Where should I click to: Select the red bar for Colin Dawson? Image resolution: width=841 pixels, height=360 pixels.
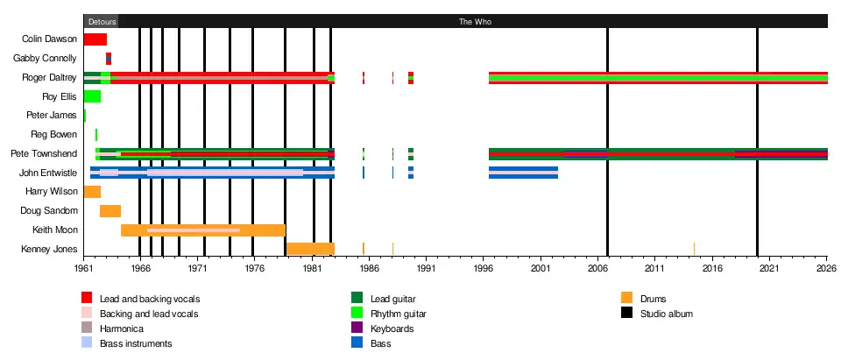pos(95,39)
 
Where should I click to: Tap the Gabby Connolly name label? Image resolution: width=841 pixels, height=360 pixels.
pos(51,59)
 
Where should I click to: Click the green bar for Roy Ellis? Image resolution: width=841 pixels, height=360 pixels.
pos(92,96)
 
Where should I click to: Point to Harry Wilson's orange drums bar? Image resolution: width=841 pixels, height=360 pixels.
pos(92,192)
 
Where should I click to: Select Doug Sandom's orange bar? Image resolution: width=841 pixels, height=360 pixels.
pos(110,211)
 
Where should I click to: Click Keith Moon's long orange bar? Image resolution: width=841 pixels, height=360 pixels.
pos(202,230)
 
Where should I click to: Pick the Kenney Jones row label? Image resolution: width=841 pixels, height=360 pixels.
pos(53,250)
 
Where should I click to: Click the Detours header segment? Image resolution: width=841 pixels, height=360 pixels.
pos(102,21)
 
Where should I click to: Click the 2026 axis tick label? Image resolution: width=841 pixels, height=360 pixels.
pos(826,271)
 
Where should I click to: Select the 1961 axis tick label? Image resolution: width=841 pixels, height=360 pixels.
pos(84,271)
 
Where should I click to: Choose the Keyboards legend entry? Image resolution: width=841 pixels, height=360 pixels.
pos(392,328)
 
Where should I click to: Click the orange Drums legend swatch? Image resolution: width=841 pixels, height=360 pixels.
pos(626,298)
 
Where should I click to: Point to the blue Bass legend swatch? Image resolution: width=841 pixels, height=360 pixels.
pos(357,343)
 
